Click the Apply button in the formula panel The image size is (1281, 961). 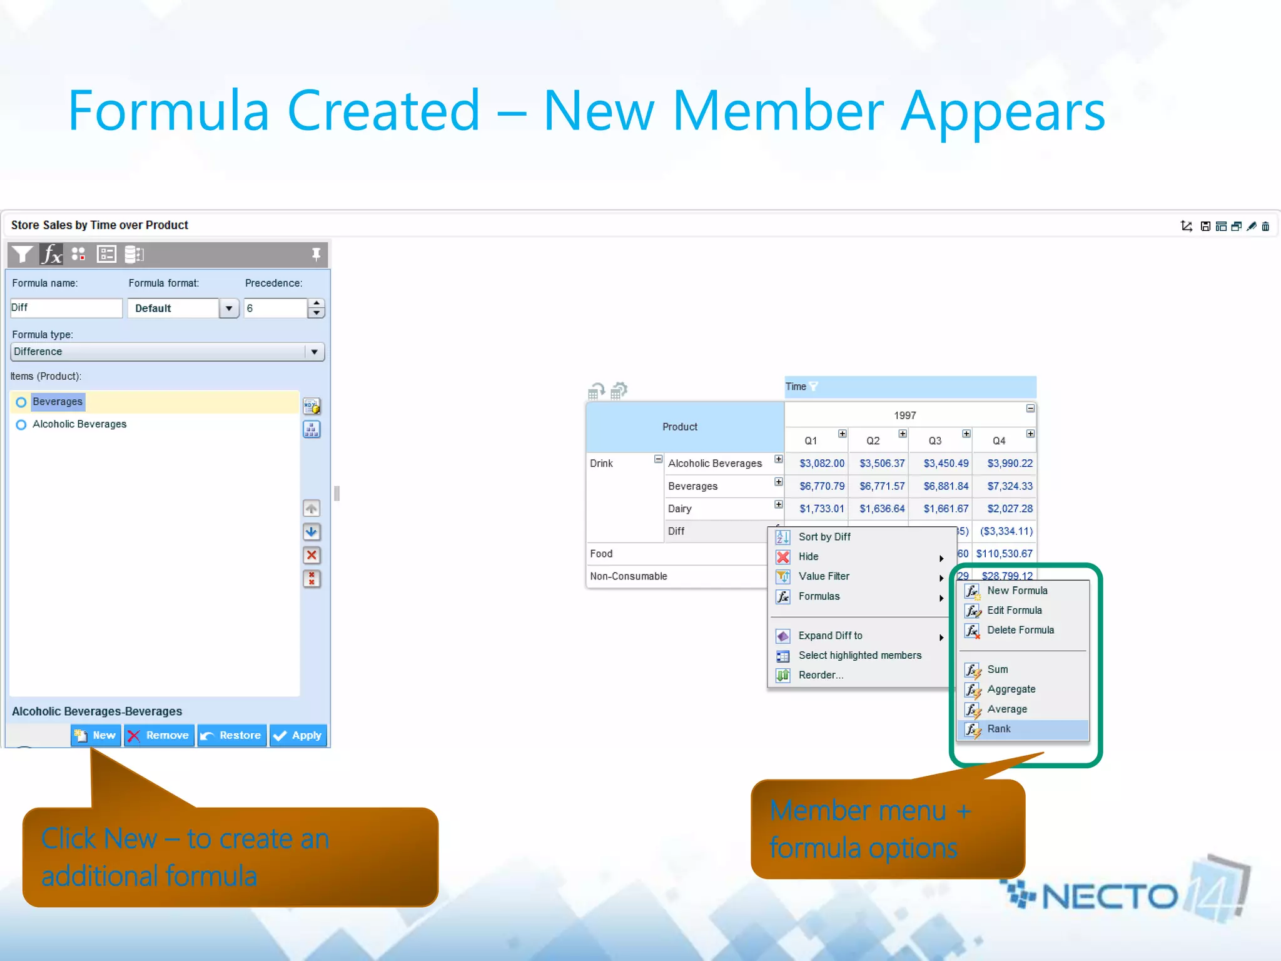(x=298, y=736)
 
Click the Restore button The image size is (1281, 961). (x=232, y=736)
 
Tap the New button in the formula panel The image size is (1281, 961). (x=96, y=736)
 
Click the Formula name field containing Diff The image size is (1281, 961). (x=66, y=308)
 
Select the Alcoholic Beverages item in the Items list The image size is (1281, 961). (x=79, y=424)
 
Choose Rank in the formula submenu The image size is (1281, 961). (x=999, y=729)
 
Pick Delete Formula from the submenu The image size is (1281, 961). (x=1020, y=630)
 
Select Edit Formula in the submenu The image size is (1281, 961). (x=1014, y=610)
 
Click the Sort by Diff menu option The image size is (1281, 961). (x=824, y=537)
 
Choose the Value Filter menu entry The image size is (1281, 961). (x=824, y=576)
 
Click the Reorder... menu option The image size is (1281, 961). (x=821, y=675)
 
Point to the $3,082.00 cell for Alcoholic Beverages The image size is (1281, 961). (x=821, y=464)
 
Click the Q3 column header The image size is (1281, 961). (x=935, y=441)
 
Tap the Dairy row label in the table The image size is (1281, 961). (x=680, y=509)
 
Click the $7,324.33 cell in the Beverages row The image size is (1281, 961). (x=1010, y=486)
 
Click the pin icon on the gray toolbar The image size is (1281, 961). (x=316, y=254)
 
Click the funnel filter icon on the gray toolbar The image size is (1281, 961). (x=22, y=254)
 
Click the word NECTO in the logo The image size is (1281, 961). (x=1110, y=897)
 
